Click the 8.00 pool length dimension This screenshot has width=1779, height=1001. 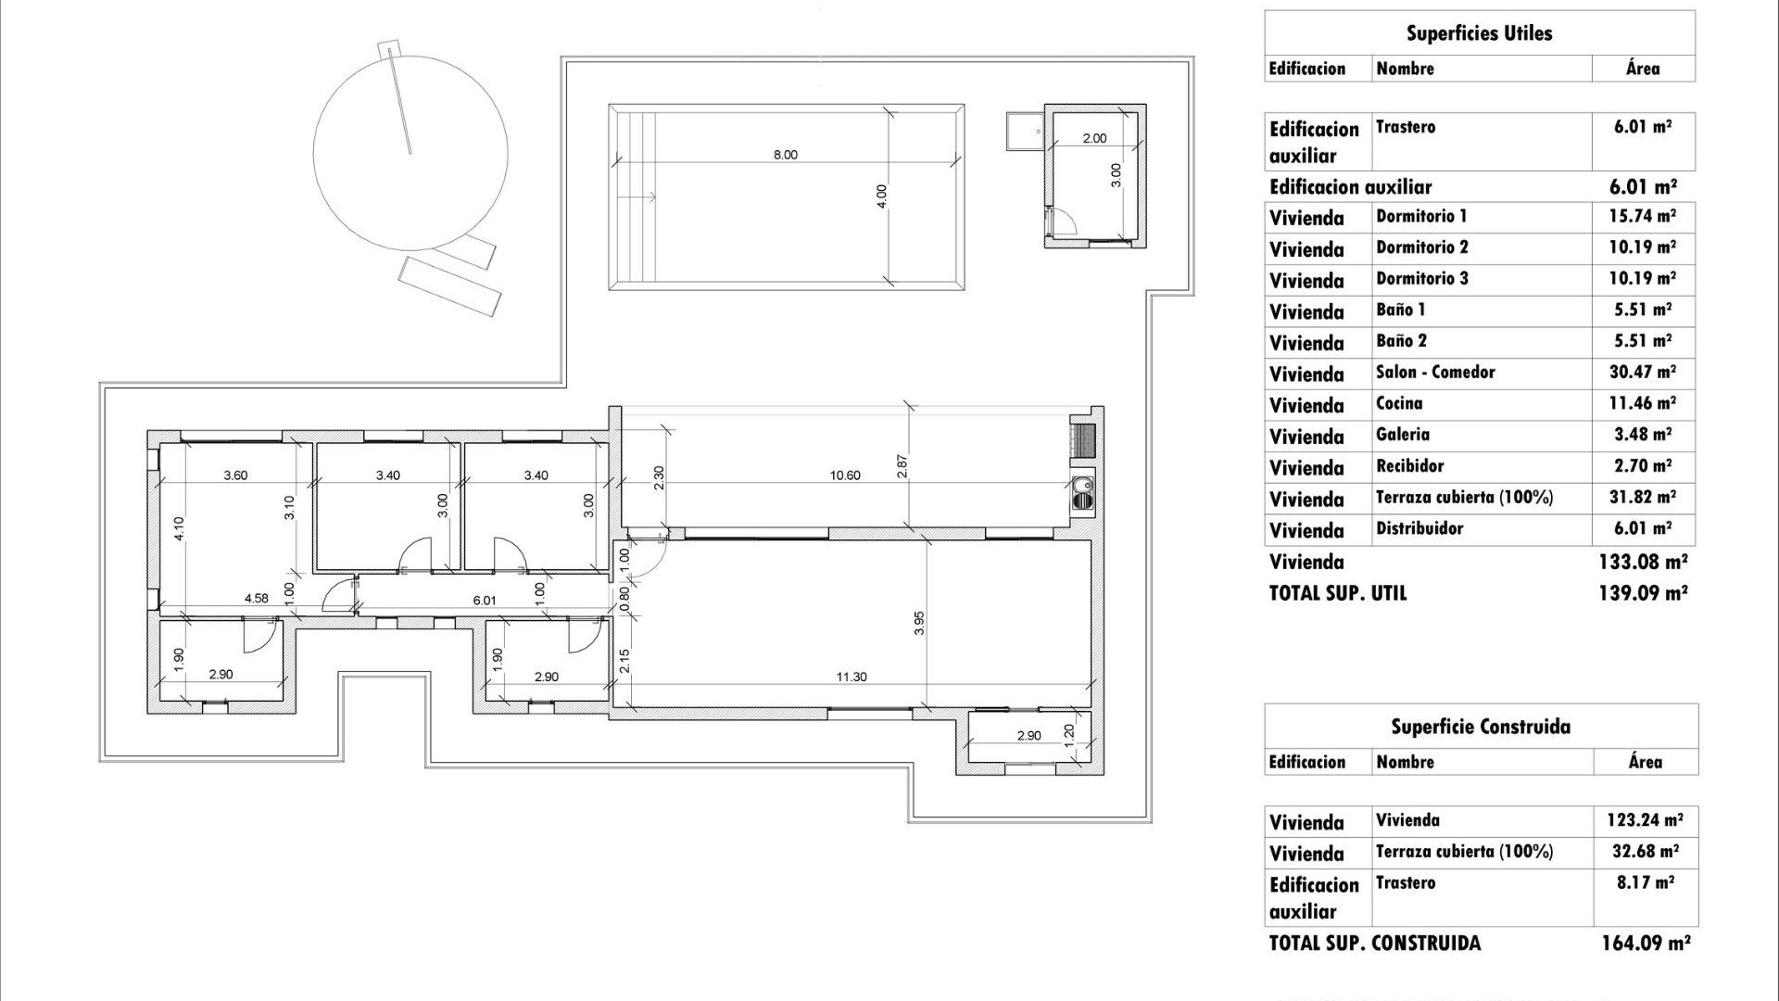tap(785, 155)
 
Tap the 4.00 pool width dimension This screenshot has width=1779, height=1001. tap(881, 196)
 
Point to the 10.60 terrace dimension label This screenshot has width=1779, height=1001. tap(844, 475)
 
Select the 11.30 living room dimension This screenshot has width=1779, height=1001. tap(851, 677)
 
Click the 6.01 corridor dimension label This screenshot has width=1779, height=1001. tap(484, 601)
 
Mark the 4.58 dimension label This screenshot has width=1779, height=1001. tap(256, 598)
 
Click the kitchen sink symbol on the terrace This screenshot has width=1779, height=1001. tap(1080, 492)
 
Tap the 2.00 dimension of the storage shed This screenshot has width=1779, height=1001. tap(1094, 138)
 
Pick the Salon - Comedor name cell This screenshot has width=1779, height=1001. tap(1434, 373)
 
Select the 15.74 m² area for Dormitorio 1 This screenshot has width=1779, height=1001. tap(1642, 216)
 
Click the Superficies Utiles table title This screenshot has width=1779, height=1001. tap(1479, 33)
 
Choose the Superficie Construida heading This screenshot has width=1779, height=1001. tap(1480, 727)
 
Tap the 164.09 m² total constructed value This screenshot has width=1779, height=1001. tap(1645, 944)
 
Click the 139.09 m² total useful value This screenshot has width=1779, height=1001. tap(1642, 593)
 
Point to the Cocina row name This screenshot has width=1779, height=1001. tap(1398, 403)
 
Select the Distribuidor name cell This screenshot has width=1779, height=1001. tap(1419, 528)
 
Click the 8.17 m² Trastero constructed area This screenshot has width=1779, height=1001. tap(1645, 882)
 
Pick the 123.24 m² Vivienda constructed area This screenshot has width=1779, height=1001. tap(1645, 820)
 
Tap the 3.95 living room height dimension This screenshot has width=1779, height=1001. tap(919, 623)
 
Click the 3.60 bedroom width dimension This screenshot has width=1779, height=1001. tap(235, 475)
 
